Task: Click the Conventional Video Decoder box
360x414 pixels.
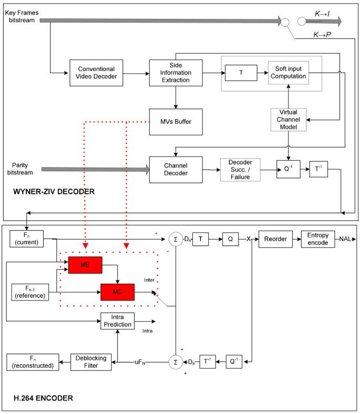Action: (x=96, y=73)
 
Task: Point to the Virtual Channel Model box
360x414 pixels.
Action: (x=288, y=120)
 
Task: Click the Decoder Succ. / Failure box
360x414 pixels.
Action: (x=241, y=170)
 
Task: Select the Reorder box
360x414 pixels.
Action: (x=275, y=239)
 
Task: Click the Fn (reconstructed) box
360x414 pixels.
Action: (x=33, y=361)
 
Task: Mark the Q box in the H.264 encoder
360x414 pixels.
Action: (x=230, y=239)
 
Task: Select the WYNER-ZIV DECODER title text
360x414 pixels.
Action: (x=54, y=192)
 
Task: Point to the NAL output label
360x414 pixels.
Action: (x=345, y=239)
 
